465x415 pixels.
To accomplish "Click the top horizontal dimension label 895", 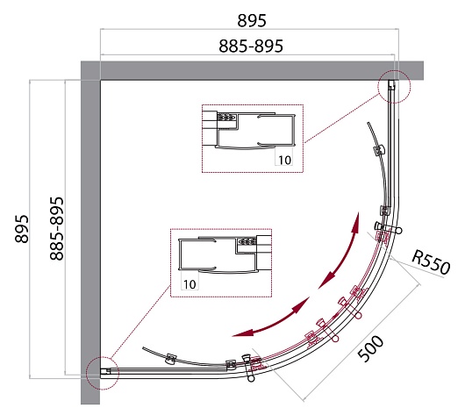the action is (x=252, y=21).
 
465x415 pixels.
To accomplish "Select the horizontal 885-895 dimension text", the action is (x=251, y=47).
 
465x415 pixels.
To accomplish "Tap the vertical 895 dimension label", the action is (x=22, y=229).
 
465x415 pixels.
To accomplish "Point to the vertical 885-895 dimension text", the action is (x=56, y=229).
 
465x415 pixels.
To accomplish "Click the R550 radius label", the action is (x=431, y=262).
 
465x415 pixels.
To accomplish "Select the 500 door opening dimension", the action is (x=370, y=348).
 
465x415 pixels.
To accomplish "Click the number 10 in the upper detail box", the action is (x=284, y=160).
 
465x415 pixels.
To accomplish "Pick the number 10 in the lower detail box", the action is (x=190, y=284).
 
